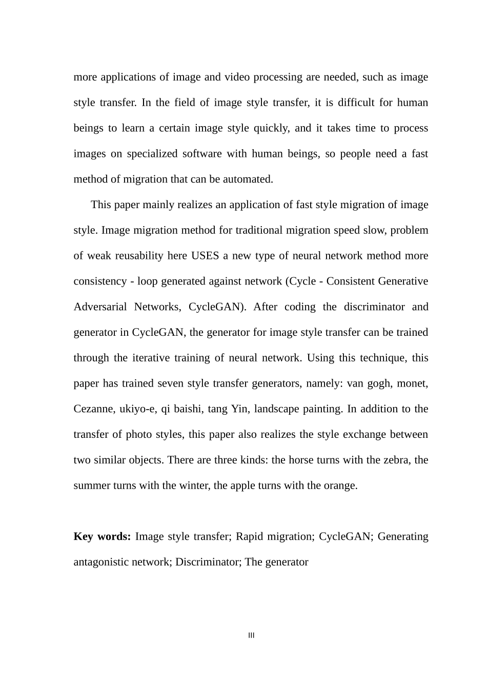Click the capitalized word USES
(205, 256)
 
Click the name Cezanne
(94, 409)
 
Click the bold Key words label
(102, 537)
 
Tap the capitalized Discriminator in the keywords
(208, 562)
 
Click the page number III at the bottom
(251, 636)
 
